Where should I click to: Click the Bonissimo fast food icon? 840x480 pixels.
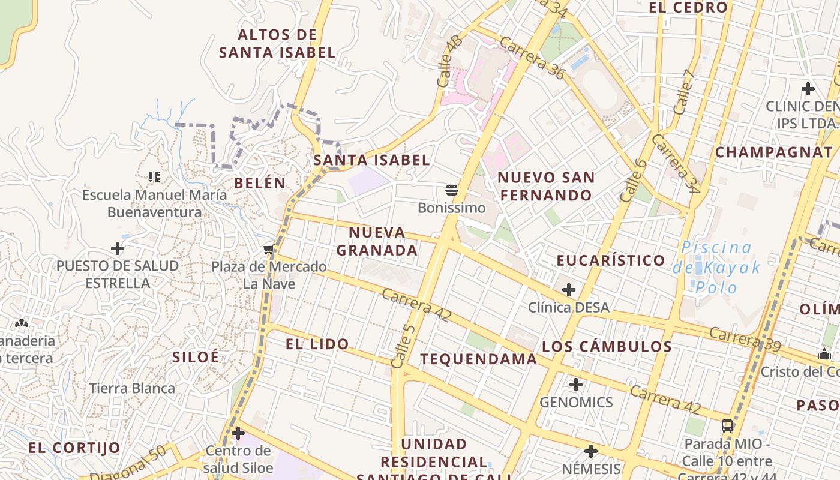452,191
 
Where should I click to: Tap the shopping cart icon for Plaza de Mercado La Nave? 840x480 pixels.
269,248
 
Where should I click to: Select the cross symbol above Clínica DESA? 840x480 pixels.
568,290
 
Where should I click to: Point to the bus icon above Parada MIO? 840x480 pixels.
727,426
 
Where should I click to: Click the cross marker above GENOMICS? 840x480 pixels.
576,385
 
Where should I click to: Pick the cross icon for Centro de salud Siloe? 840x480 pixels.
238,433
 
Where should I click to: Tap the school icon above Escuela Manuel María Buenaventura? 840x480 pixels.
154,176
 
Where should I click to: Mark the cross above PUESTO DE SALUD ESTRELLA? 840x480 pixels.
118,248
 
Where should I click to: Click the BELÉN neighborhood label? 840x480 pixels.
260,184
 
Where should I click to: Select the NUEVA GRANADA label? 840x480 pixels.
377,241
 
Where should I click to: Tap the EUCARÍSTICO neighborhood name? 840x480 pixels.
611,260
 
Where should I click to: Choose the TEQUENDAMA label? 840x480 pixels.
478,359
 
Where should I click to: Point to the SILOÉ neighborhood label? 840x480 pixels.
196,357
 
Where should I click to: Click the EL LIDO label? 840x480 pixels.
317,344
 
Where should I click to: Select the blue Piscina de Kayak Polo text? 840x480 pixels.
716,267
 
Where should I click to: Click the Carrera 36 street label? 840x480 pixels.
532,58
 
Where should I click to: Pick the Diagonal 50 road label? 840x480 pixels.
128,464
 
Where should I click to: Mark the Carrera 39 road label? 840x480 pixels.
745,340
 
